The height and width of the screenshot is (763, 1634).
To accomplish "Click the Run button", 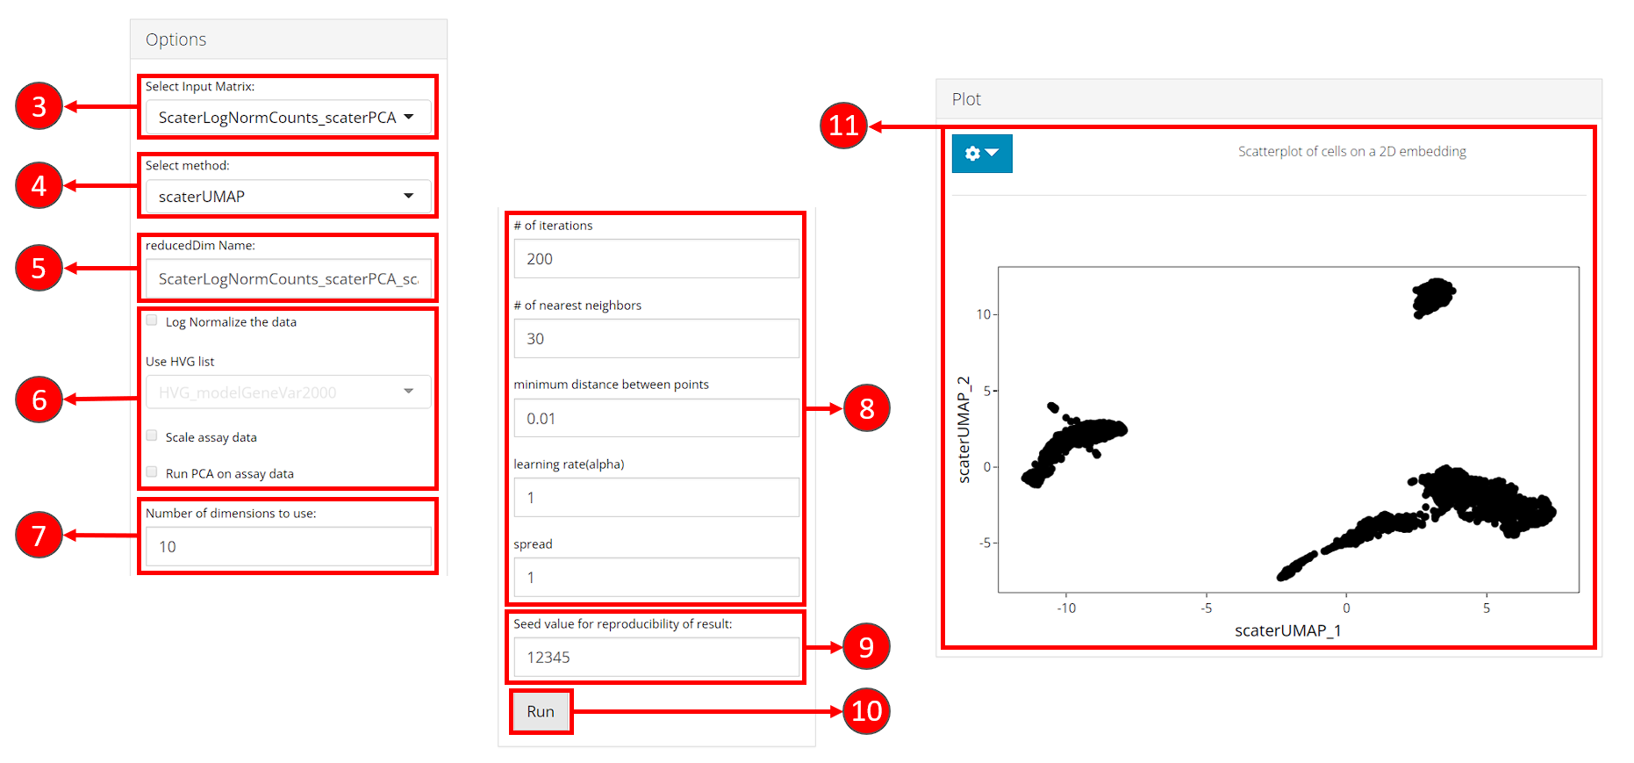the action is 541,711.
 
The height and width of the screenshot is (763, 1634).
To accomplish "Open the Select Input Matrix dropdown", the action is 288,118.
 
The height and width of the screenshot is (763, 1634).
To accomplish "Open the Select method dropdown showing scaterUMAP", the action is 288,197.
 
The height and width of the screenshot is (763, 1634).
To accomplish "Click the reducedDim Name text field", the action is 288,278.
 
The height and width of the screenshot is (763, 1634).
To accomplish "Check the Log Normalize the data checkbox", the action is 152,320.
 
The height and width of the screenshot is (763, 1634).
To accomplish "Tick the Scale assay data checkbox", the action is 152,435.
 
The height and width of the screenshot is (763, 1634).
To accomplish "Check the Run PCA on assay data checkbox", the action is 152,471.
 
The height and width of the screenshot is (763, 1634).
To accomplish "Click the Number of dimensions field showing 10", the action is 288,546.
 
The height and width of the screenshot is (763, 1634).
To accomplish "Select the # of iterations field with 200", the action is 656,259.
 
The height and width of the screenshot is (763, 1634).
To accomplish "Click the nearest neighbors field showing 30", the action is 656,338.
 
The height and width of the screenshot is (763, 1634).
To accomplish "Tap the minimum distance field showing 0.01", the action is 656,418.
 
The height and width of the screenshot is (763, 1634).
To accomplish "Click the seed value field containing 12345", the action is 656,657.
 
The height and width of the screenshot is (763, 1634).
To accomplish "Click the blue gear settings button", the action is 982,154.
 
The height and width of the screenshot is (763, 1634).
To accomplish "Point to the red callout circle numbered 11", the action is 843,126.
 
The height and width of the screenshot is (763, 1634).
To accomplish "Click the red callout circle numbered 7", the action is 39,535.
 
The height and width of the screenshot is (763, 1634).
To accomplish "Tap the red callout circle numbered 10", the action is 866,711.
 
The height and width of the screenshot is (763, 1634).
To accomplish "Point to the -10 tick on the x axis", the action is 1066,608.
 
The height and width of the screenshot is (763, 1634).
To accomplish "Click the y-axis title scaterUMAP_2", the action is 964,429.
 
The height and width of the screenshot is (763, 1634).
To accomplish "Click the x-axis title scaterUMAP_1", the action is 1287,630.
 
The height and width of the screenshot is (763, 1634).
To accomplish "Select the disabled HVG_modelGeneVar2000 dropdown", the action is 288,392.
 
